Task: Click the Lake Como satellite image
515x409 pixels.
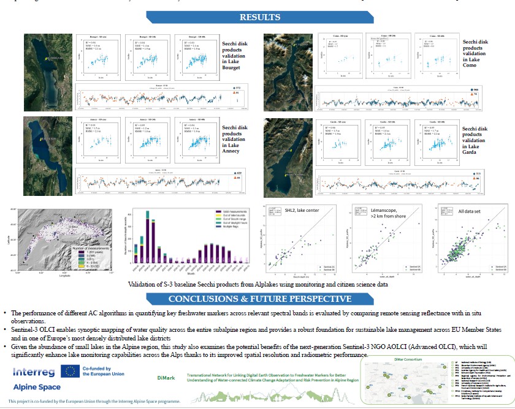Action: tap(288, 69)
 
